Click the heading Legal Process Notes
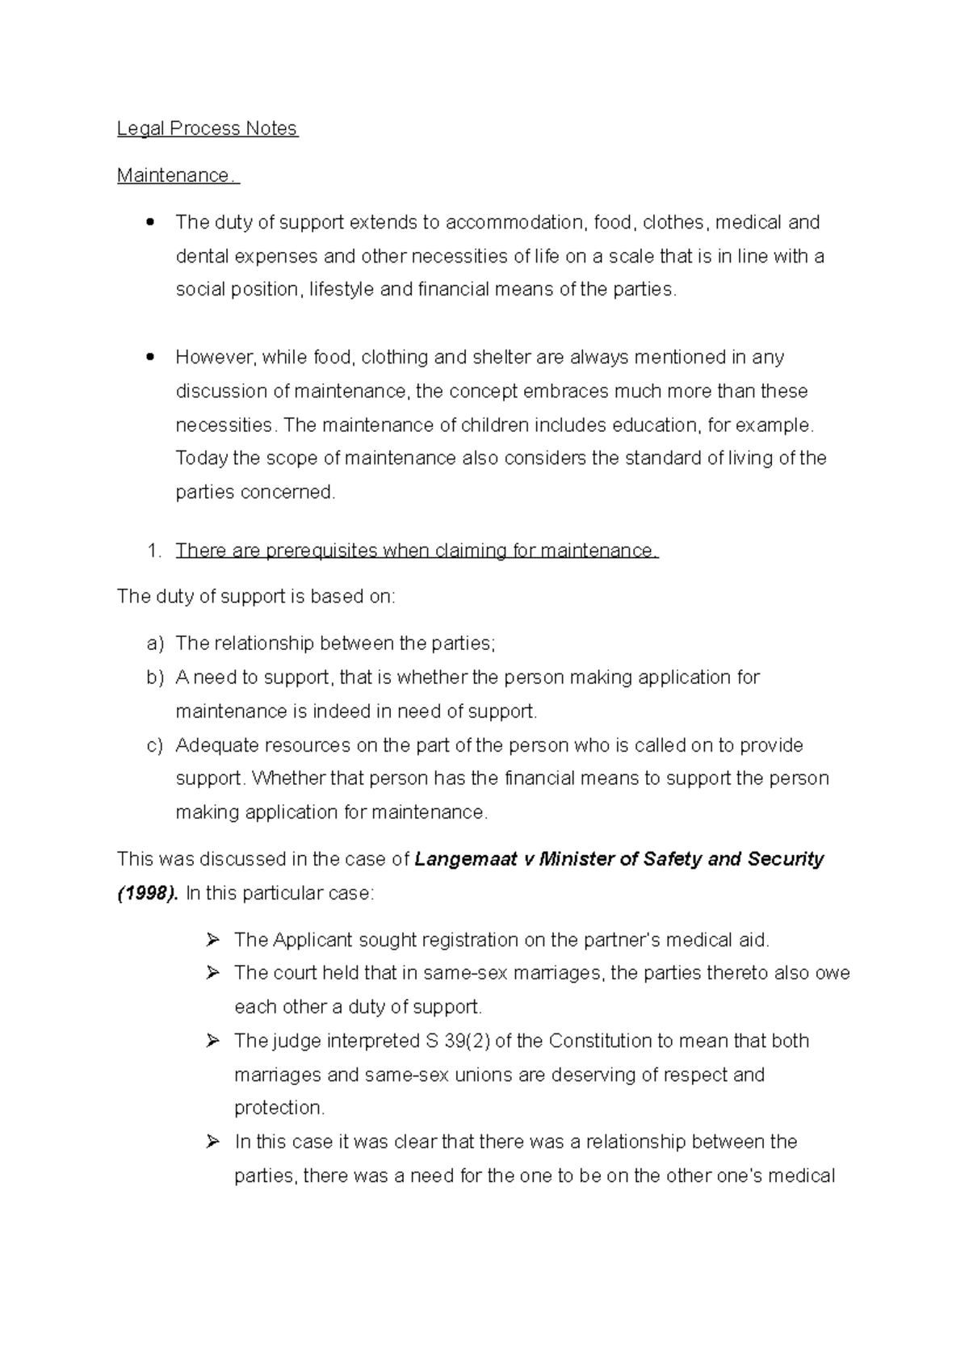(208, 129)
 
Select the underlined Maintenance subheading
(177, 176)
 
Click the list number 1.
(154, 551)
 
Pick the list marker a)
(155, 644)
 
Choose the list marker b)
(155, 677)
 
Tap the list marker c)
(155, 745)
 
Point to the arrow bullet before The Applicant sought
(213, 940)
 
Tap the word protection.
(279, 1109)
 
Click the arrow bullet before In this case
(213, 1142)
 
